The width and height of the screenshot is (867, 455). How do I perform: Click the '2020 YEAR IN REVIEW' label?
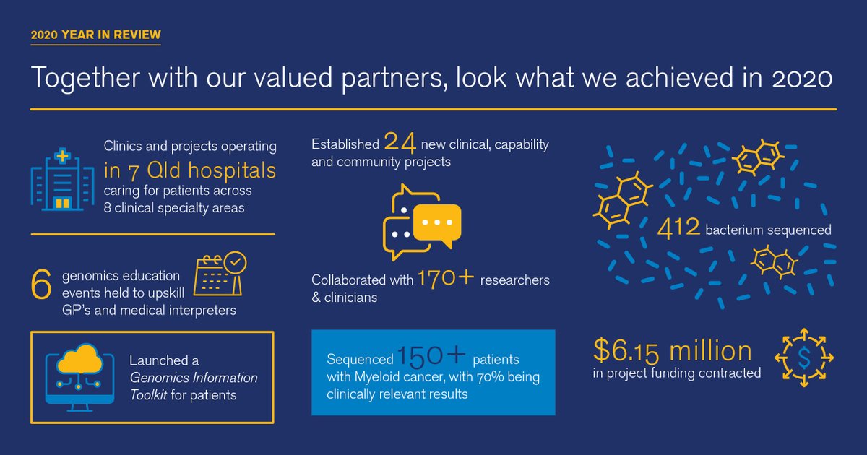pyautogui.click(x=96, y=35)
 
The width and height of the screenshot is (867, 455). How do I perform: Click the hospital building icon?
pyautogui.click(x=62, y=181)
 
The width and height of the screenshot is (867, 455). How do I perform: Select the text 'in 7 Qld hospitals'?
pyautogui.click(x=189, y=170)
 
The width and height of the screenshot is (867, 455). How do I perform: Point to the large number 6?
pyautogui.click(x=41, y=285)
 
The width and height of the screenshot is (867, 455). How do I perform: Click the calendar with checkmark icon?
pyautogui.click(x=221, y=274)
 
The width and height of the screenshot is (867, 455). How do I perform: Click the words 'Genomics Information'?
pyautogui.click(x=193, y=378)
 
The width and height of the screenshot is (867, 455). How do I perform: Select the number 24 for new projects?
pyautogui.click(x=400, y=142)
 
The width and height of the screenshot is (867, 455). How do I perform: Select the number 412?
pyautogui.click(x=678, y=229)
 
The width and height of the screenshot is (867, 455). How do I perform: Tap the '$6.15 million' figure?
pyautogui.click(x=673, y=350)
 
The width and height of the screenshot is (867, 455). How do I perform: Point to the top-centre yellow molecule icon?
pyautogui.click(x=756, y=156)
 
